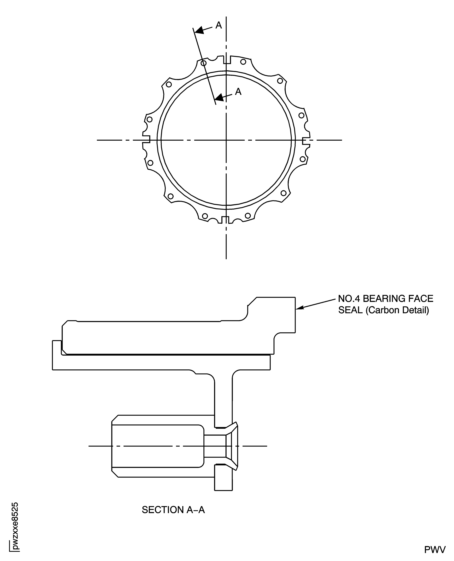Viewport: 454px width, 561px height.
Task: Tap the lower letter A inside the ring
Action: (238, 92)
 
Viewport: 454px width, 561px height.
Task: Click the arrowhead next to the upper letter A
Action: (199, 30)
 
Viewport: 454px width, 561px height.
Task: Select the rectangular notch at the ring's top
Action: (227, 60)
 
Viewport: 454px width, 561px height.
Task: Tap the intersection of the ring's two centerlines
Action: (226, 140)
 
